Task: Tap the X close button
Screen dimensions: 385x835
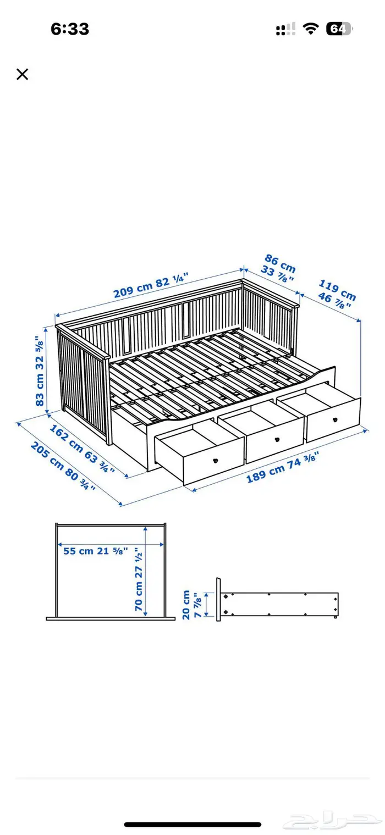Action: (x=23, y=74)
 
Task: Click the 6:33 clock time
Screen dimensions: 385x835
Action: (x=70, y=29)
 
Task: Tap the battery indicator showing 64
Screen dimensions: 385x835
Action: (x=339, y=29)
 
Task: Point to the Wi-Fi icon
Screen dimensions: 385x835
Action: (x=310, y=29)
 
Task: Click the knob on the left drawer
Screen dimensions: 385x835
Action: (x=215, y=461)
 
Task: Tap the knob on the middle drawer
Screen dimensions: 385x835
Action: (x=277, y=440)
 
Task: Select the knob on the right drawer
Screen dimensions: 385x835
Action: (x=335, y=420)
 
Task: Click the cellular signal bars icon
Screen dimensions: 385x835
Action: (x=286, y=29)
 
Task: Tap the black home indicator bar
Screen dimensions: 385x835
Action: (x=193, y=825)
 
